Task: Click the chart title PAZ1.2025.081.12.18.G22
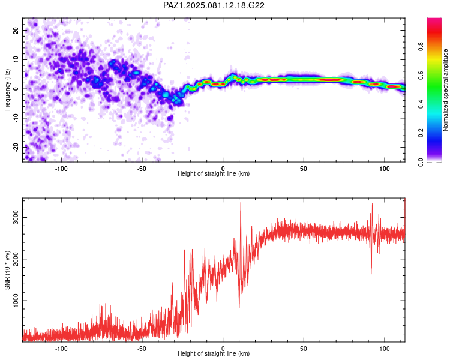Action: tap(214, 5)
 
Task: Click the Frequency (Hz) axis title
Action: tap(7, 90)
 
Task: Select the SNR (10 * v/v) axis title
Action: tap(7, 270)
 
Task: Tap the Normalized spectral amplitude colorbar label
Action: tap(445, 90)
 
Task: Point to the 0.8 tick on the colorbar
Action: tap(421, 46)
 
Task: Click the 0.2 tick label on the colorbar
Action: tap(421, 133)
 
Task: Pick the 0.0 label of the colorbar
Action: tap(421, 162)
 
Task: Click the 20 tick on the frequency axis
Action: tap(16, 30)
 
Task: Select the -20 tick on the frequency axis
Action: tap(16, 147)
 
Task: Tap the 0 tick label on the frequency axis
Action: tap(16, 89)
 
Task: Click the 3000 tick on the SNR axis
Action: tap(16, 218)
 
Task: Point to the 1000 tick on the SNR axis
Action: tap(16, 301)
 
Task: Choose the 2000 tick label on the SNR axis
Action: tap(16, 259)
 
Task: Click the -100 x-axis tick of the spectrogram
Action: tap(61, 169)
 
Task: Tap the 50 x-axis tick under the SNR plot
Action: tap(304, 349)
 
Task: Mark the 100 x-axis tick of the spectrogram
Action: tap(385, 169)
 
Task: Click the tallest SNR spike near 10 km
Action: tap(241, 203)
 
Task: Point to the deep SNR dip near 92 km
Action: tap(371, 274)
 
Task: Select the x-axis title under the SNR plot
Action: tap(214, 353)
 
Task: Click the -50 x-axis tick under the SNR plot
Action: tap(142, 349)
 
